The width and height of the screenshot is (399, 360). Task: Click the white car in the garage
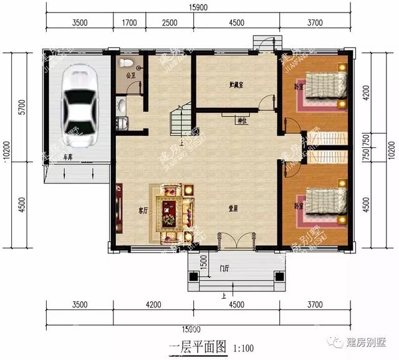pos(79,105)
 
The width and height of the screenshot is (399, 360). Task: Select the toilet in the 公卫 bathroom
pos(127,62)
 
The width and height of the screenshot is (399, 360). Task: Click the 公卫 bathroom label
pos(130,75)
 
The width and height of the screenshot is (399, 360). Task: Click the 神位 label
pos(241,120)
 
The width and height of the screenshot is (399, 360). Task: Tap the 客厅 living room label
pos(143,211)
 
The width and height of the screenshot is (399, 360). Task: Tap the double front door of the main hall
pos(236,241)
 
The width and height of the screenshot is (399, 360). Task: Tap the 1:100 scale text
pos(243,346)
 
